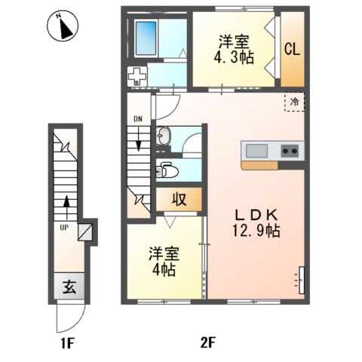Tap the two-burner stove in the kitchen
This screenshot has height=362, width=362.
[290, 150]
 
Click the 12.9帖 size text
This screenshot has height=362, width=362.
[256, 231]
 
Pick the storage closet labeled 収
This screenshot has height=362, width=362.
[179, 200]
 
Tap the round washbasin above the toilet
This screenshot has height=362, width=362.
[164, 137]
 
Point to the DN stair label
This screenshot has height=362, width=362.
[137, 119]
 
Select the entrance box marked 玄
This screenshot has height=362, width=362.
[68, 287]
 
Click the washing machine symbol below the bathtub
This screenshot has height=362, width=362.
[137, 75]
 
